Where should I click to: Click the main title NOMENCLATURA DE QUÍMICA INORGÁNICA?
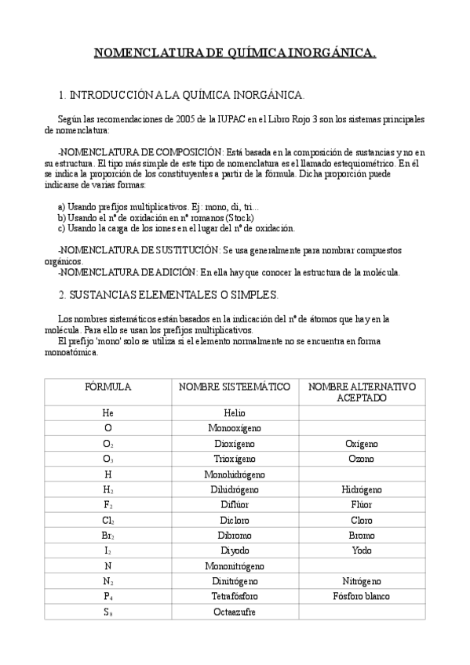[235, 53]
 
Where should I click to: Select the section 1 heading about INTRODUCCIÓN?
[181, 95]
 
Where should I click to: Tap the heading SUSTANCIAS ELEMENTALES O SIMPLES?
[168, 295]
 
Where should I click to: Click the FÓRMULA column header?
[107, 387]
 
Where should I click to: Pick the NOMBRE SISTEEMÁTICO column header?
[235, 387]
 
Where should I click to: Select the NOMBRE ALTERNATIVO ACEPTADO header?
[362, 392]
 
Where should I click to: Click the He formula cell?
[107, 413]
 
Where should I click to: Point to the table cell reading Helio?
[235, 413]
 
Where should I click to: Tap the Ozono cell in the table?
[362, 459]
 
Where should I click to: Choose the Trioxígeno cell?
[235, 459]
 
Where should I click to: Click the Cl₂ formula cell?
[108, 520]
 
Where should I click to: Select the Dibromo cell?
[235, 535]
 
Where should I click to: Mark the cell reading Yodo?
[362, 551]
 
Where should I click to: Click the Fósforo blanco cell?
[362, 596]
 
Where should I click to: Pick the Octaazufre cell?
[235, 611]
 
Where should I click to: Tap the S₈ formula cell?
[108, 612]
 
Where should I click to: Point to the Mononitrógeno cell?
[235, 565]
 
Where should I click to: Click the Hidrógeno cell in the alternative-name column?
[362, 489]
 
